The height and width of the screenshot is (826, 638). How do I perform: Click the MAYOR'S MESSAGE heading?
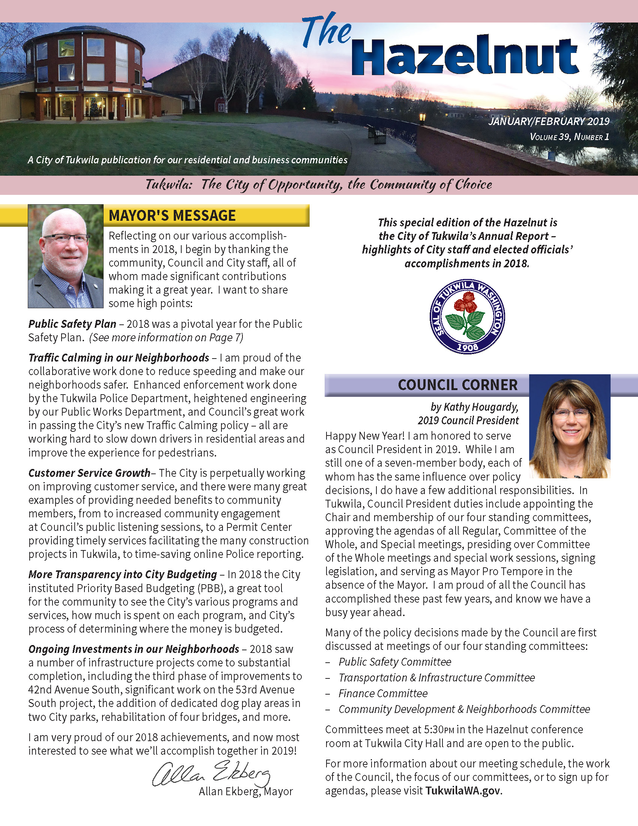click(x=172, y=216)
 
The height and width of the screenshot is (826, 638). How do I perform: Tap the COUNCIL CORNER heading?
click(x=457, y=385)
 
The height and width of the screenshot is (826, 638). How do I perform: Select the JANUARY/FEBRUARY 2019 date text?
click(x=549, y=121)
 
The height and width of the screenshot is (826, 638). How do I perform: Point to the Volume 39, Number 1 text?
click(x=570, y=137)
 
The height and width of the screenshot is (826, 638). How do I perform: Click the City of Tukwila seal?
click(x=468, y=317)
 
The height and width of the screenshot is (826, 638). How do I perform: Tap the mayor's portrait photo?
click(x=66, y=256)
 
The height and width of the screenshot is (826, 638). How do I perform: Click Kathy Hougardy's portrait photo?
click(x=570, y=427)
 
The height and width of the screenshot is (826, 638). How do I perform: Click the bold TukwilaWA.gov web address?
click(x=463, y=791)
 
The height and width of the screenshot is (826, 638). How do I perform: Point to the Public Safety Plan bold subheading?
click(x=72, y=324)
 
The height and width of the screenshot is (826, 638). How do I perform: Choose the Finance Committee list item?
click(x=383, y=693)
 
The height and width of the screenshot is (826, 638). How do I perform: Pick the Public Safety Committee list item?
click(x=395, y=662)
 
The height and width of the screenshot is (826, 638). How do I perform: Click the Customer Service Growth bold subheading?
click(x=89, y=473)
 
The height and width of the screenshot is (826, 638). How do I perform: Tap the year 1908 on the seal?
click(x=468, y=347)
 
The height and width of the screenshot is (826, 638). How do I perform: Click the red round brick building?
click(x=85, y=75)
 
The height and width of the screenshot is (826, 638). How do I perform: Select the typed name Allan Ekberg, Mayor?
click(x=246, y=791)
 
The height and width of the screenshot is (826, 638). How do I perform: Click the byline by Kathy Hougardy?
click(x=474, y=407)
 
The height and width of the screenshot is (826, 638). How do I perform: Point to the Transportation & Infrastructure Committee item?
click(x=436, y=677)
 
